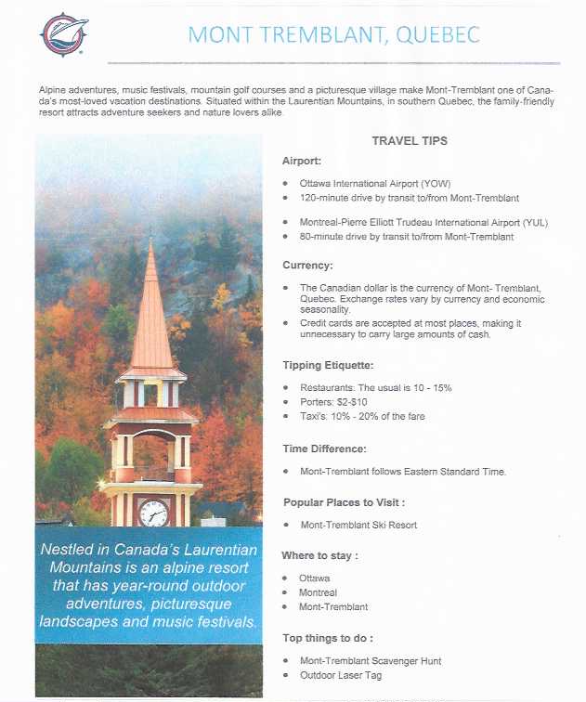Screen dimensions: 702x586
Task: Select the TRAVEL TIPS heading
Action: click(410, 141)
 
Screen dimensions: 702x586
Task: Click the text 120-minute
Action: click(326, 198)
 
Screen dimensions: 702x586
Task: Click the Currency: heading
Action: click(307, 266)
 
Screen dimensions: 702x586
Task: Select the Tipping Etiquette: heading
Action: click(327, 365)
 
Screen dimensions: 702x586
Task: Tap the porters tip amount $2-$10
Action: click(354, 402)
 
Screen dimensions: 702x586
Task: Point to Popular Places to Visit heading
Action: click(344, 502)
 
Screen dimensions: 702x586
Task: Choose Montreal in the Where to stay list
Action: click(318, 592)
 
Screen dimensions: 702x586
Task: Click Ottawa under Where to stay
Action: click(314, 578)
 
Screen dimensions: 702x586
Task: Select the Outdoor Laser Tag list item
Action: click(340, 675)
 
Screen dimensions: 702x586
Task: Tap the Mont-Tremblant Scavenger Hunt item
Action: click(371, 661)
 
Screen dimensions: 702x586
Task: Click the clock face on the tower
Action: click(153, 512)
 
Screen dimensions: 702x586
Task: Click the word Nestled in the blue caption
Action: click(71, 550)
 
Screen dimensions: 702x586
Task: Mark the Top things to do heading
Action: click(328, 638)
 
